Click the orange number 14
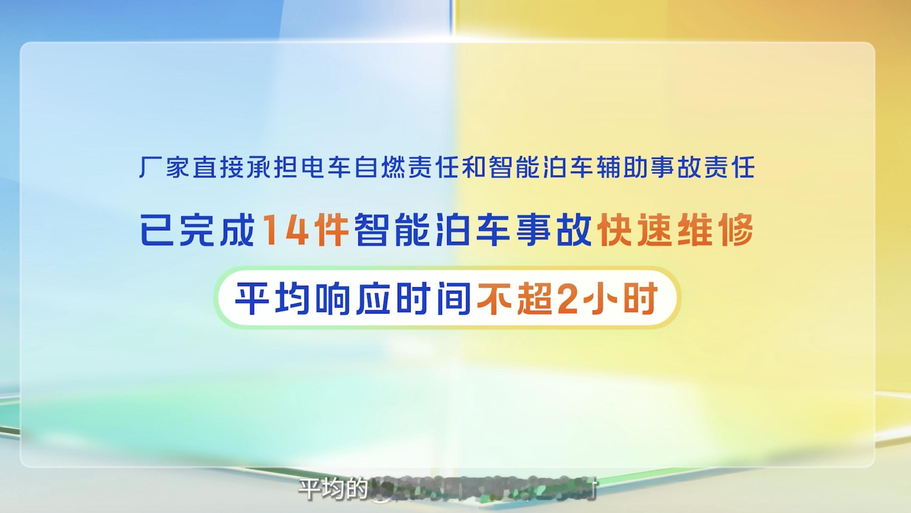[x=286, y=230]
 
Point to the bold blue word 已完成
[x=197, y=230]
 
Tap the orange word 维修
[x=715, y=230]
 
